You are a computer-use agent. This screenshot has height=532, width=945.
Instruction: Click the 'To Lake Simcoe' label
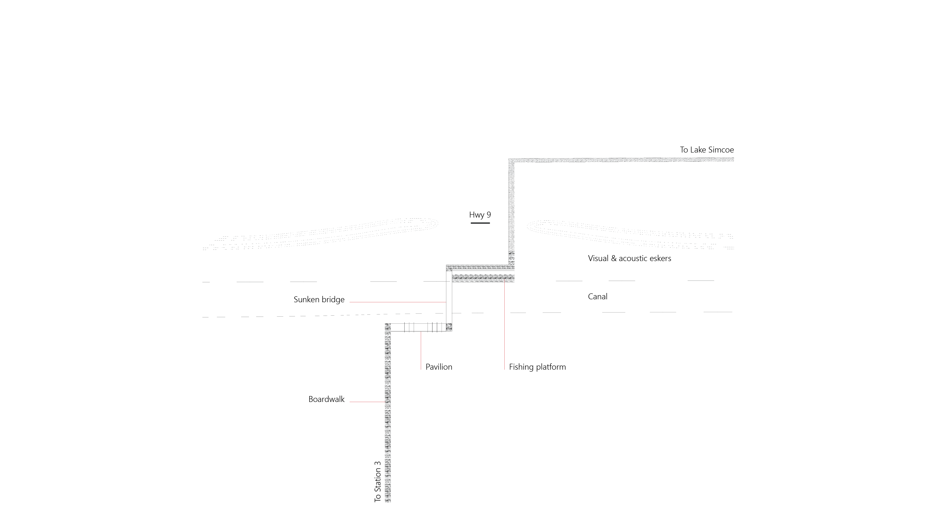(x=707, y=150)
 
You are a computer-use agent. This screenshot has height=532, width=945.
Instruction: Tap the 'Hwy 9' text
(x=480, y=215)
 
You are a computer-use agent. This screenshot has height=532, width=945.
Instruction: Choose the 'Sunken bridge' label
(x=319, y=299)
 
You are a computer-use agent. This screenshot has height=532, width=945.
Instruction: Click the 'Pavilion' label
(x=439, y=367)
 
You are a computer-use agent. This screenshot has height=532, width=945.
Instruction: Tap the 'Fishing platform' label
(x=537, y=367)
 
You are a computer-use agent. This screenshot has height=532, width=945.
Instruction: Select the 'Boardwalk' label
(x=326, y=399)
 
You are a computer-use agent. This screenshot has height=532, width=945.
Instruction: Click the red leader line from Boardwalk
(x=367, y=402)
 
